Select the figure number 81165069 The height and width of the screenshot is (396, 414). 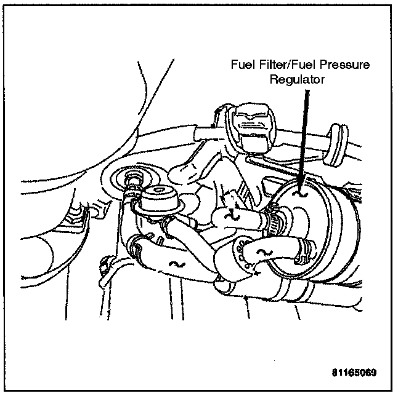(353, 373)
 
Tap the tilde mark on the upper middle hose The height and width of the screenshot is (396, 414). (232, 215)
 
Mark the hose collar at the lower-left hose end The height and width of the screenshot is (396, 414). (137, 249)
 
